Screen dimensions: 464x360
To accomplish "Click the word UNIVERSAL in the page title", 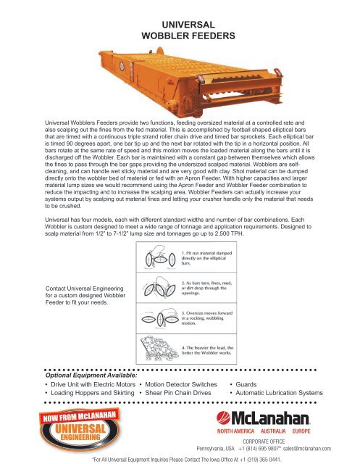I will [x=180, y=24].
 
